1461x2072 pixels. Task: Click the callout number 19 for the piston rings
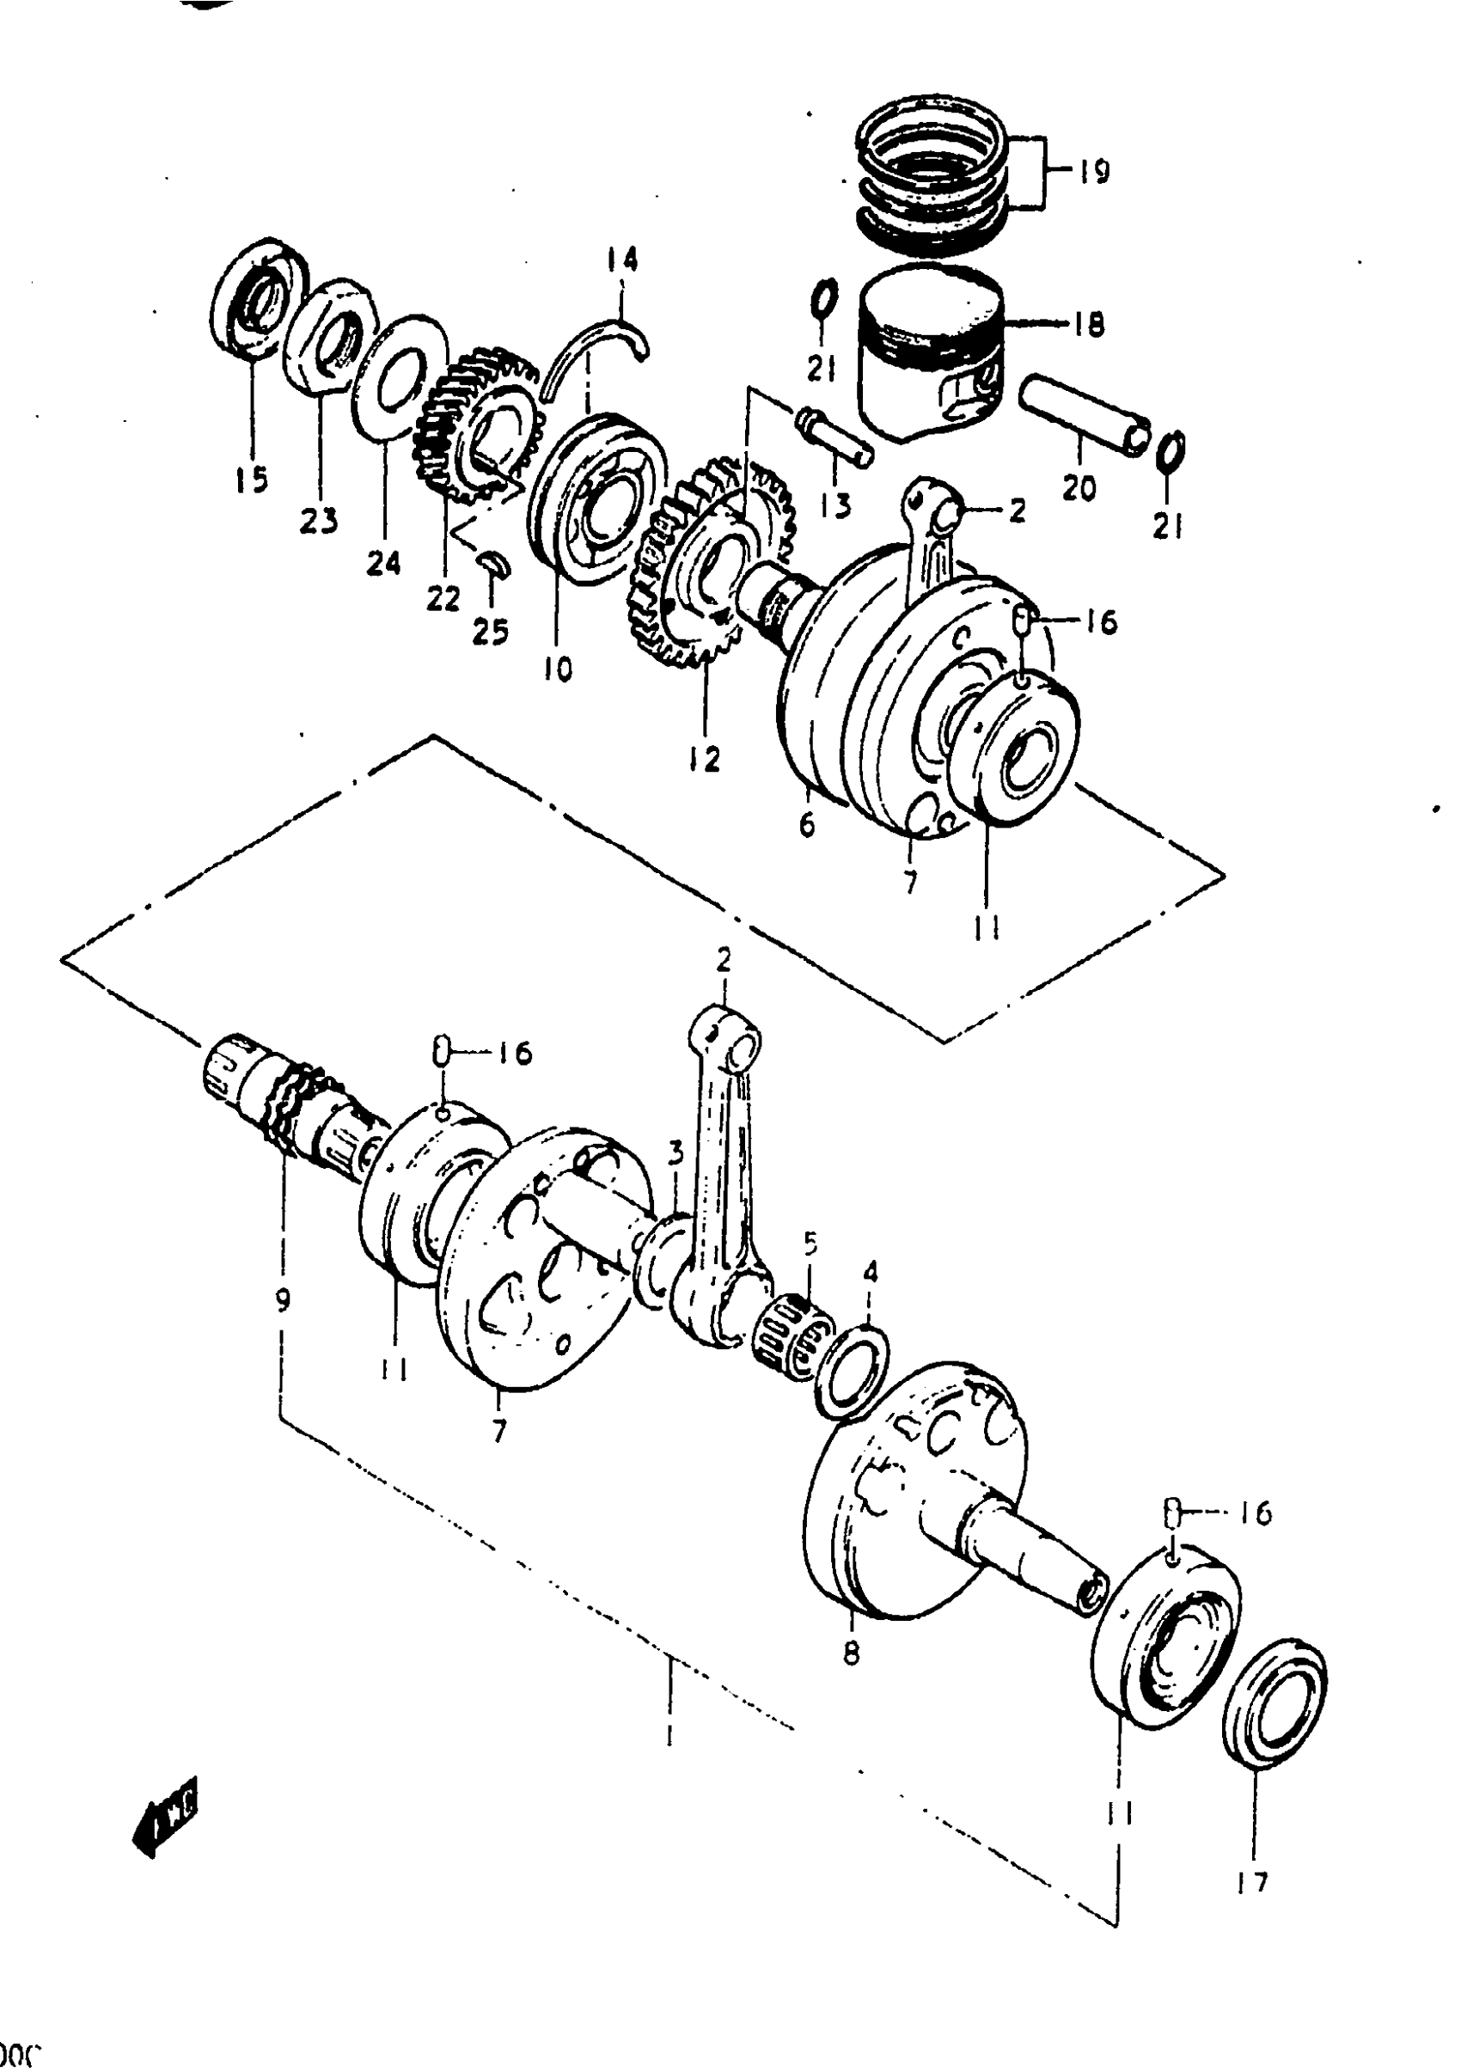(x=1093, y=172)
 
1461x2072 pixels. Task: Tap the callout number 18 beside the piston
(x=1089, y=324)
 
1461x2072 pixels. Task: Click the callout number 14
(x=620, y=260)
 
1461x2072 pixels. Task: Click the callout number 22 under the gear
(x=443, y=597)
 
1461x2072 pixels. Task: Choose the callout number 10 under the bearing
(x=558, y=669)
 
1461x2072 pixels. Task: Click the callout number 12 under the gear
(x=704, y=759)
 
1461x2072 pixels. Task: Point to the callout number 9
(x=284, y=1300)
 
